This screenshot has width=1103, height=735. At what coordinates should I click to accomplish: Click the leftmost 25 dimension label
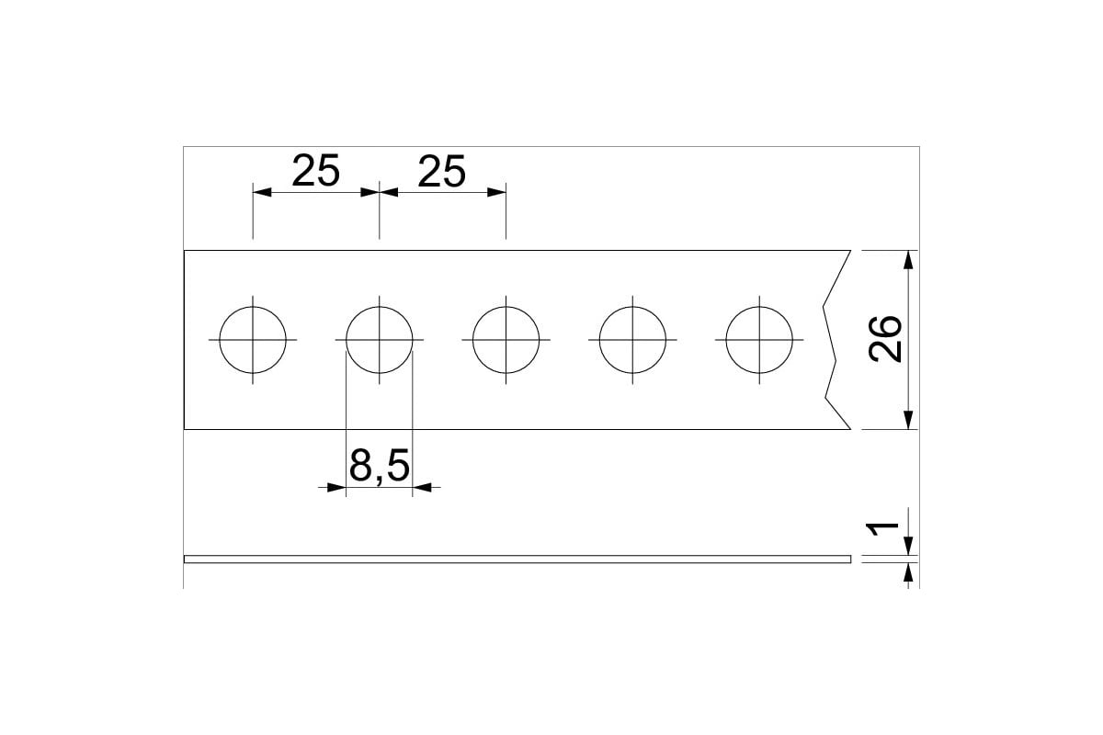[x=315, y=171]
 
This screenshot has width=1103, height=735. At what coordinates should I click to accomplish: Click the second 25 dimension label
[x=442, y=171]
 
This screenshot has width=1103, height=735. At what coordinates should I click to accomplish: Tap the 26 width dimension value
[x=885, y=339]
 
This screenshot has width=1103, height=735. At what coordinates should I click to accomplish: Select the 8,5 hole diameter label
[x=379, y=466]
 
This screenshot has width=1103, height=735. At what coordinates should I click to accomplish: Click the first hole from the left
[x=253, y=307]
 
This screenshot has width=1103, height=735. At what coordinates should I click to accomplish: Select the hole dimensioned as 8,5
[x=379, y=307]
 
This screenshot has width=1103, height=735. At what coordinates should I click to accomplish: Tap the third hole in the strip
[x=506, y=307]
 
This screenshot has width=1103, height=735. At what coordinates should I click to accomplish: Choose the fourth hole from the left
[x=632, y=307]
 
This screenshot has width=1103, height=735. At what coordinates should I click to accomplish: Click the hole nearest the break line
[x=759, y=307]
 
